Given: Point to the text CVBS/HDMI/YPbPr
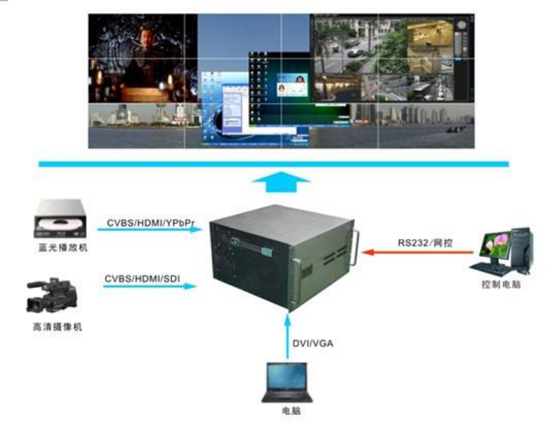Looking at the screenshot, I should tap(150, 222).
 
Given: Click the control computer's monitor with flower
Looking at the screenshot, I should tap(502, 245).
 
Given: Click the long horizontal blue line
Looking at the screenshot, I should tap(273, 163).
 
